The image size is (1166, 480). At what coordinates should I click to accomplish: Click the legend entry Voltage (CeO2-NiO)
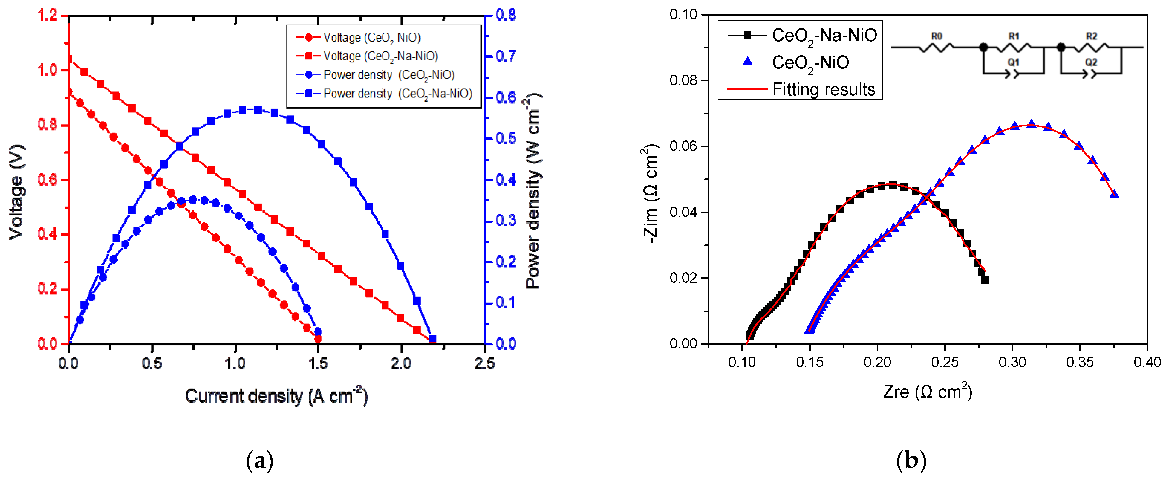(x=371, y=38)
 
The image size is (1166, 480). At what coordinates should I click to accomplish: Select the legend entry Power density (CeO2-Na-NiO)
(x=397, y=94)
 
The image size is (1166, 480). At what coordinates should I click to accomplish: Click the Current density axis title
(x=276, y=397)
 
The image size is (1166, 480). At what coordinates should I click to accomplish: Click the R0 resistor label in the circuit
(x=937, y=36)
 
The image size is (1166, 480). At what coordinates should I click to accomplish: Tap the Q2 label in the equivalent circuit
(x=1091, y=62)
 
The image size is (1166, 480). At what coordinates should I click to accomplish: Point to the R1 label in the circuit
(x=1014, y=36)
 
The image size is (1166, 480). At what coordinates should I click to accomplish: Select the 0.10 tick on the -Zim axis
(x=683, y=15)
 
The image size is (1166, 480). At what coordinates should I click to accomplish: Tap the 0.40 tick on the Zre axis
(x=1147, y=362)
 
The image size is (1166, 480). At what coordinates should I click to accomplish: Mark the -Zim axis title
(x=651, y=194)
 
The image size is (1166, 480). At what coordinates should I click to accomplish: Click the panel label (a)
(x=260, y=461)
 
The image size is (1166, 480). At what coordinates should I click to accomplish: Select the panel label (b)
(x=911, y=461)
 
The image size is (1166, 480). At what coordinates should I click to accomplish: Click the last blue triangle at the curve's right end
(x=1114, y=194)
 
